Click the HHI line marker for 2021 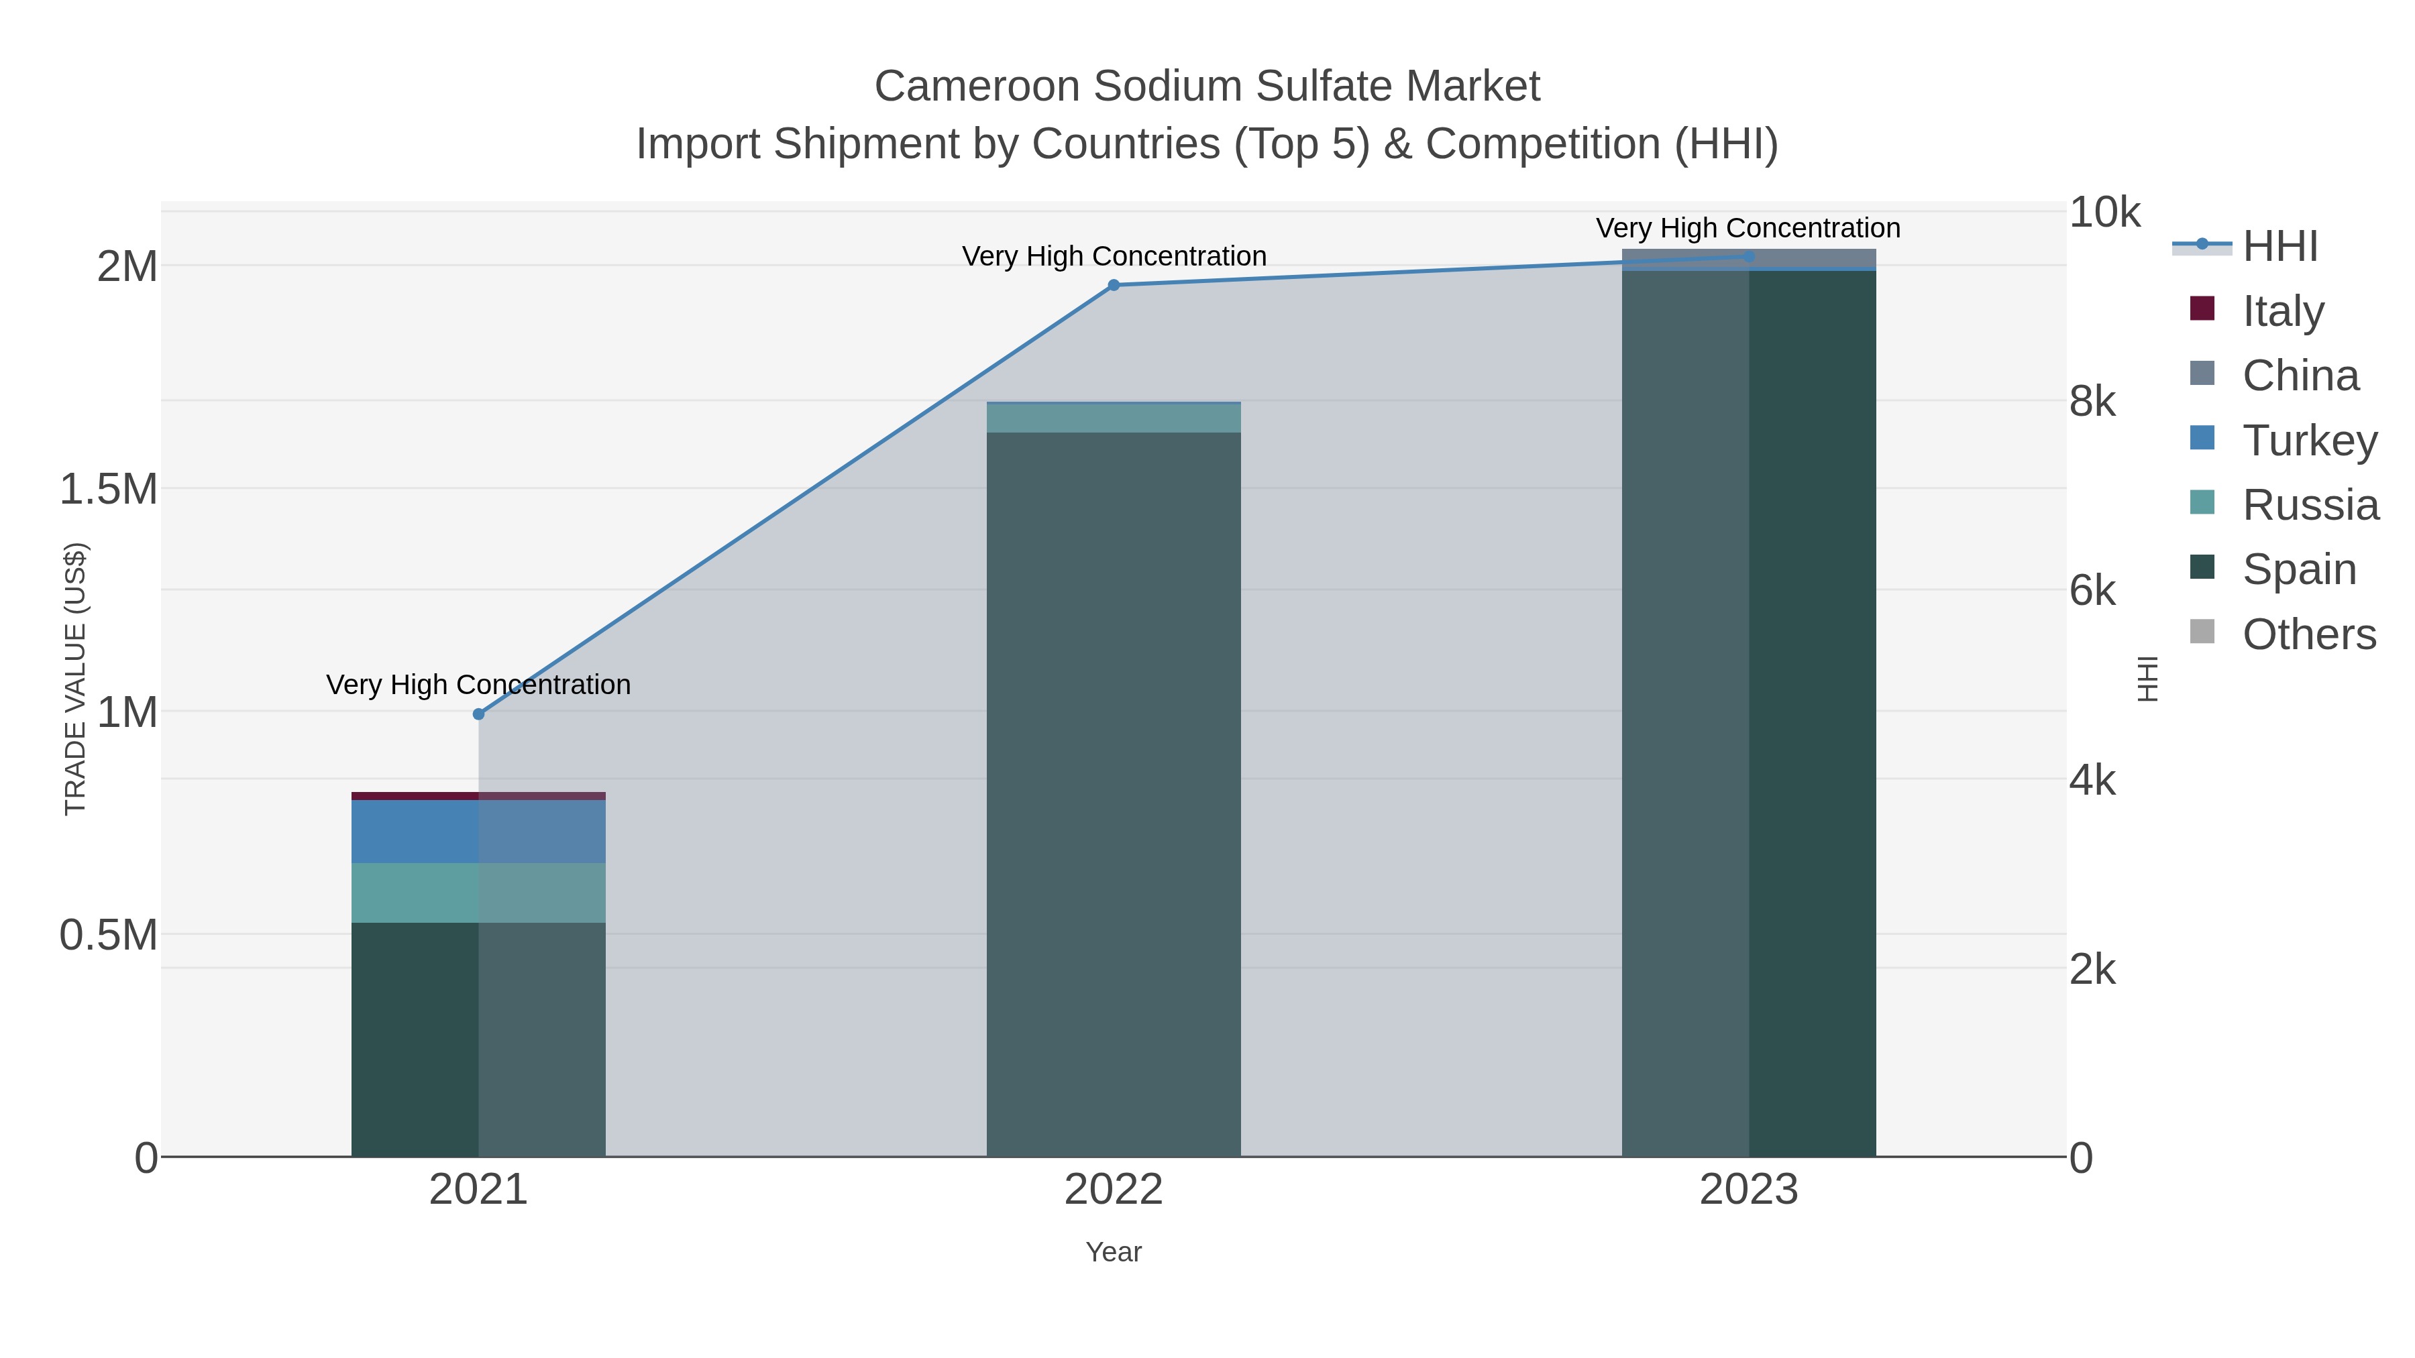pos(478,714)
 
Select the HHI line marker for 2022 pos(1114,285)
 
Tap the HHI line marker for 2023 pos(1748,256)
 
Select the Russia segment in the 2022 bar pos(1114,418)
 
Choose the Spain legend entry pos(2299,569)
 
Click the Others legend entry pos(2308,634)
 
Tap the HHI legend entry pos(2280,245)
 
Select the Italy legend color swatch pos(2202,309)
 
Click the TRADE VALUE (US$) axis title pos(75,679)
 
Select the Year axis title pos(1114,1252)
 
